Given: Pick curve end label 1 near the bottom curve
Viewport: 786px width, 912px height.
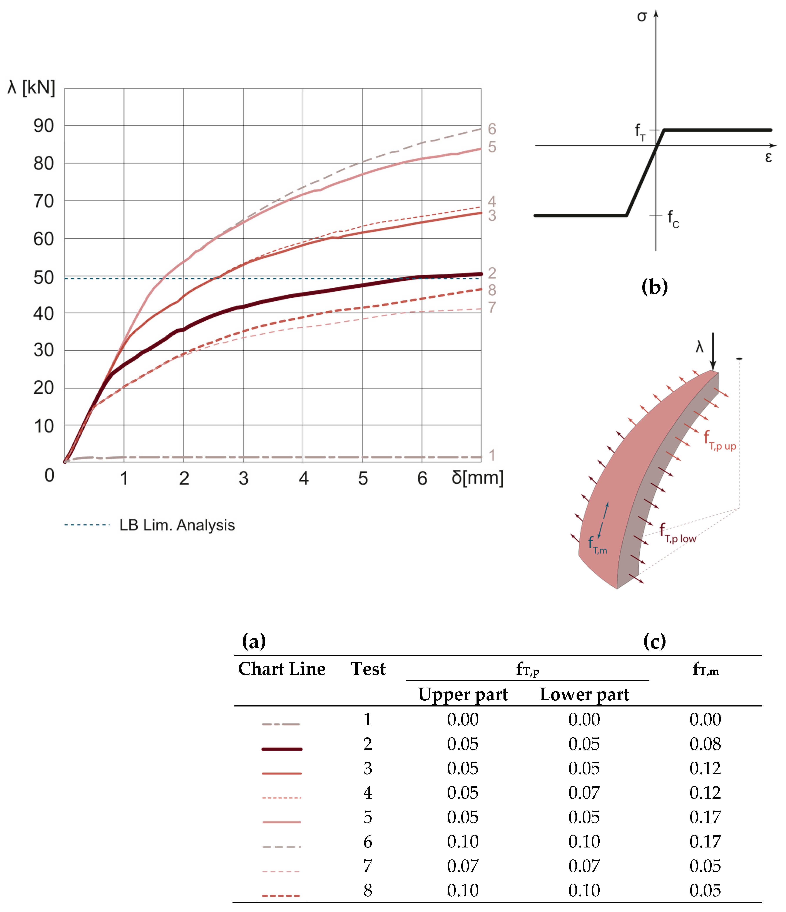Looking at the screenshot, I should (492, 455).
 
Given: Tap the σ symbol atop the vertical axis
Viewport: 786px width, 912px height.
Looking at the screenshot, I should (642, 17).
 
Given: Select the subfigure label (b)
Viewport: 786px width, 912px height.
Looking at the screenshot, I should (655, 287).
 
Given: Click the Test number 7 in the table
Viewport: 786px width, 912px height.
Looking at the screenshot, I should (368, 866).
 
